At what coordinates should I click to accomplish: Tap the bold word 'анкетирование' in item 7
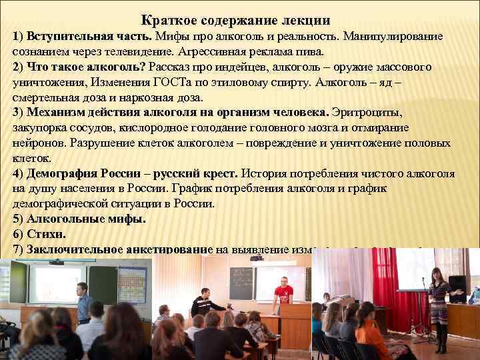pos(166,249)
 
